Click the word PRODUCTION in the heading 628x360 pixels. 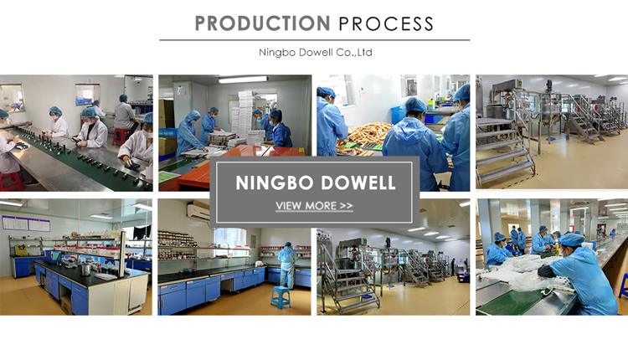[262, 23]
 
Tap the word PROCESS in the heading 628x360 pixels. [386, 23]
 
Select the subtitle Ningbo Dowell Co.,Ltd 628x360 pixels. [315, 53]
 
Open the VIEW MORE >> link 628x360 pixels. [314, 206]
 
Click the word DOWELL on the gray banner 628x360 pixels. [358, 183]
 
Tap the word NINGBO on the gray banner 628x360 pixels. [275, 183]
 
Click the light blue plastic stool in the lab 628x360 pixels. [281, 296]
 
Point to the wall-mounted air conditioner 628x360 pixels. [198, 211]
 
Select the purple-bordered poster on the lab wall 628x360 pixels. [27, 223]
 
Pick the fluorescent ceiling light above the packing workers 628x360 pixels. [243, 80]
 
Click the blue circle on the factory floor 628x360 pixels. [554, 138]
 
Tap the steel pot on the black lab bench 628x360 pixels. [85, 269]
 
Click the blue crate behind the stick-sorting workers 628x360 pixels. [398, 115]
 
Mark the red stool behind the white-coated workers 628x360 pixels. [121, 136]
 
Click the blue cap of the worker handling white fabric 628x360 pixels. [573, 239]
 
